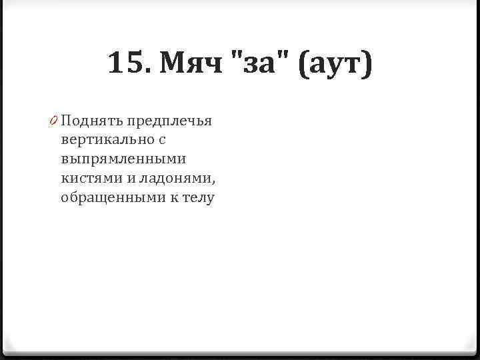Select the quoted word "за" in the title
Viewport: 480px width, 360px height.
pyautogui.click(x=261, y=65)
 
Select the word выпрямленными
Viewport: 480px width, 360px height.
pyautogui.click(x=123, y=160)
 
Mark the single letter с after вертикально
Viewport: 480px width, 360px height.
pyautogui.click(x=161, y=141)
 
